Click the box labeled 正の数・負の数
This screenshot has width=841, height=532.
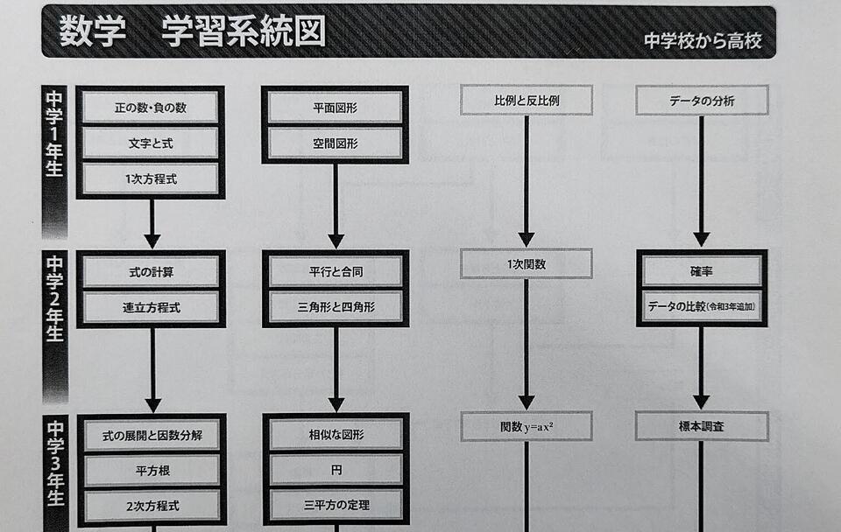click(x=151, y=108)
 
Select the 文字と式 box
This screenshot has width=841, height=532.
click(x=151, y=143)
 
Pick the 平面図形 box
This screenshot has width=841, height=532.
click(x=335, y=108)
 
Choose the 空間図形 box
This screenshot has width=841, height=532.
click(x=335, y=143)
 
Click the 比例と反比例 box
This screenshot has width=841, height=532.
click(x=527, y=101)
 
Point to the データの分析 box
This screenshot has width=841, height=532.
click(x=702, y=101)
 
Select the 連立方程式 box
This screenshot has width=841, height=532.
click(x=151, y=307)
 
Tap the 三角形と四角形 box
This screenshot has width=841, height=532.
click(x=336, y=307)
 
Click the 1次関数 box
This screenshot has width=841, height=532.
click(x=527, y=263)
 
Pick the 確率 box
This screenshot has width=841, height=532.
click(x=702, y=271)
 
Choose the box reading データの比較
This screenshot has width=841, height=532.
click(x=702, y=307)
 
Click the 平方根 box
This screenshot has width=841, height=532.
click(x=152, y=471)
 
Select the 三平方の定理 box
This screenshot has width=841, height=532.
click(x=336, y=505)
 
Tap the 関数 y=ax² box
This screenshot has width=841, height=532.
click(x=527, y=427)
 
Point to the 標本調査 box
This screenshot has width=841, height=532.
click(x=702, y=427)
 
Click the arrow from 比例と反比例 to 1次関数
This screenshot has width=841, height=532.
click(x=527, y=179)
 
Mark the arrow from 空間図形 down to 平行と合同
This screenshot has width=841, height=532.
click(x=336, y=206)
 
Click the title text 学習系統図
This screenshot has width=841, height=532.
click(x=244, y=31)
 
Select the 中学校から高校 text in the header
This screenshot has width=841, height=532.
click(x=703, y=41)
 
